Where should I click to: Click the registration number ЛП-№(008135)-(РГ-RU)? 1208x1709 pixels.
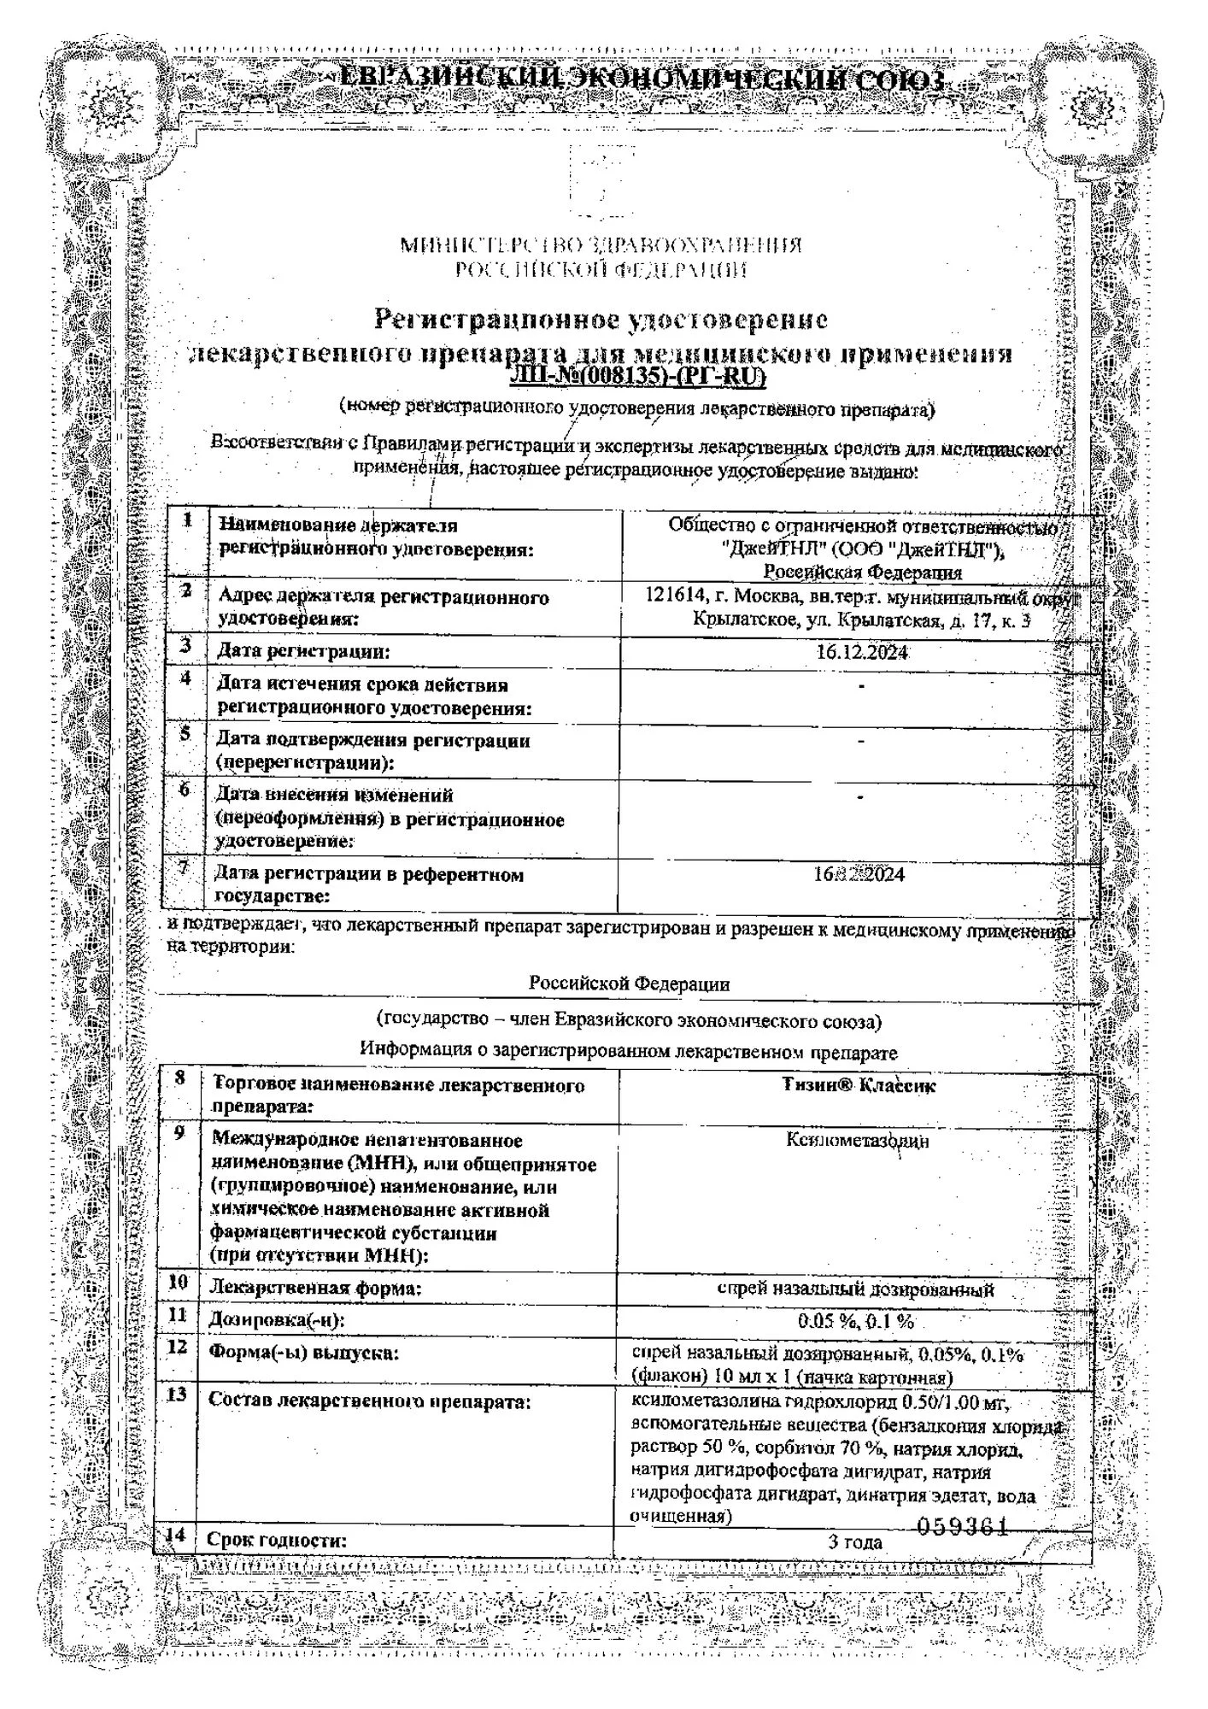point(637,377)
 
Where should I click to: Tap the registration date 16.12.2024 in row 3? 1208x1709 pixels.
point(861,652)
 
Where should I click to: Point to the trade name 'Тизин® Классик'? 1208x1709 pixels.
point(859,1085)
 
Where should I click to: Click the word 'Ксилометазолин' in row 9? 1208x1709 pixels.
point(858,1140)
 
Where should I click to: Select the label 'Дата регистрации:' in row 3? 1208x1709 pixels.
point(303,652)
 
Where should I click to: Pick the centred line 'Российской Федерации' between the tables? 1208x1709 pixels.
point(629,984)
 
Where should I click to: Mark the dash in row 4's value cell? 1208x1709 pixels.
point(860,686)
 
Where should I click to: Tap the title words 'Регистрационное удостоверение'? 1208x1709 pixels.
point(601,320)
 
